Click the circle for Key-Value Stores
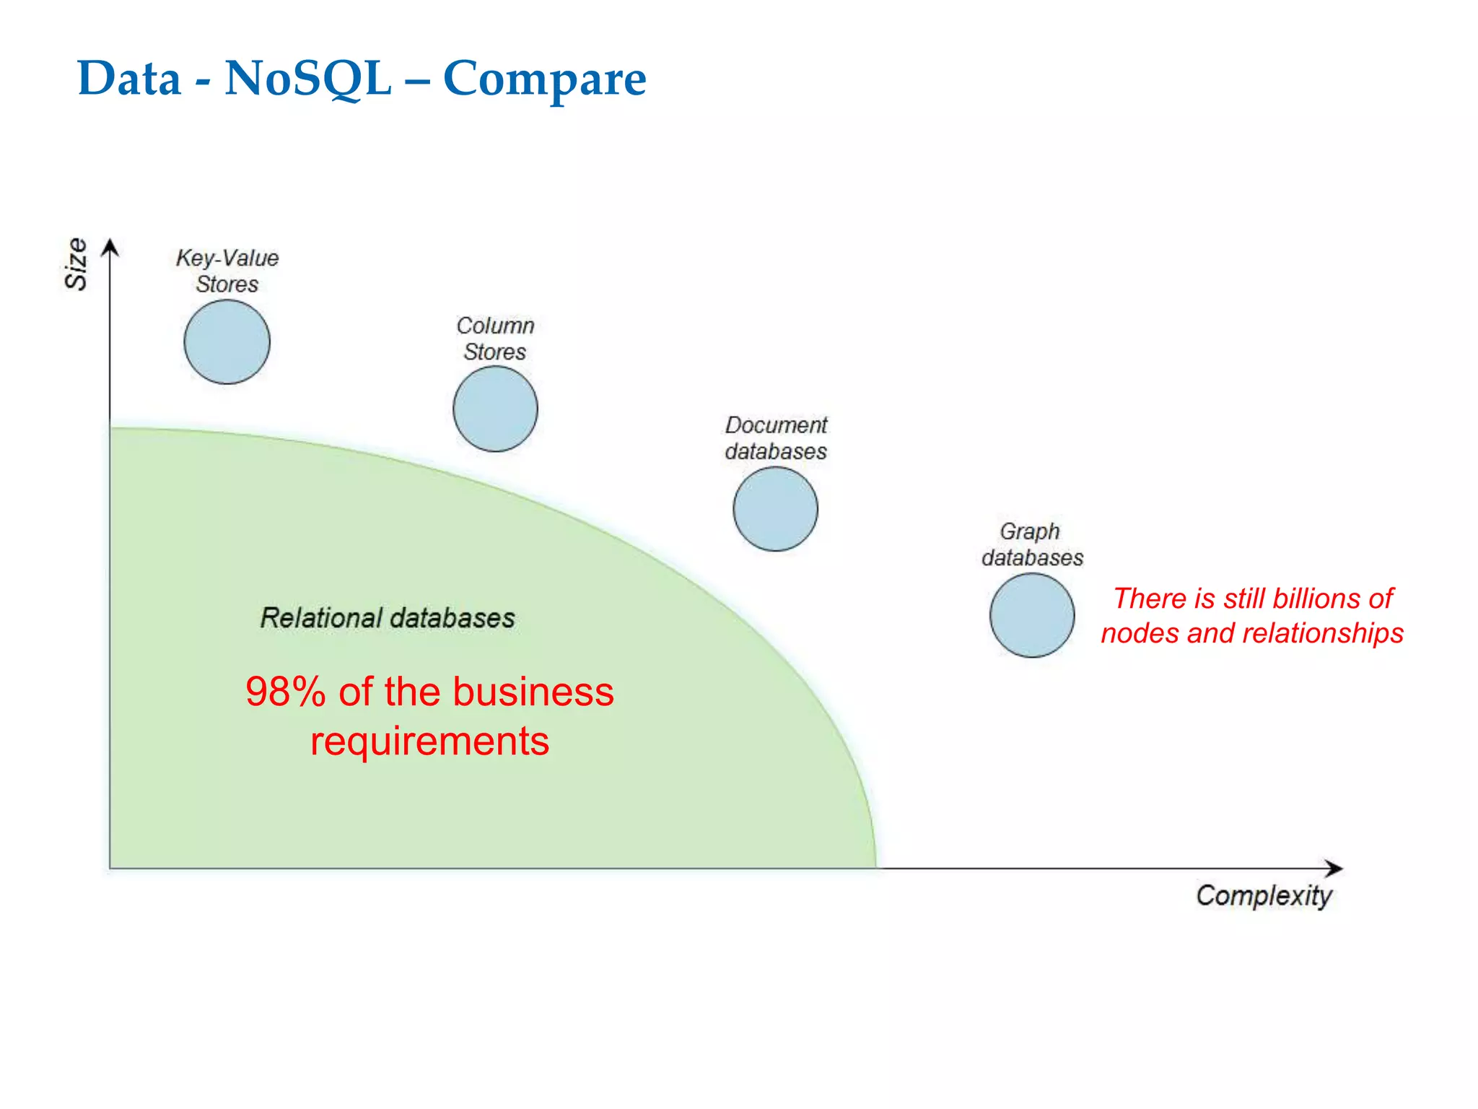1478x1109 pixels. (x=227, y=342)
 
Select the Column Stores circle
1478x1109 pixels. (x=495, y=409)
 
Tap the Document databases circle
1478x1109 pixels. (x=775, y=509)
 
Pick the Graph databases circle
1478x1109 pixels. (x=1032, y=615)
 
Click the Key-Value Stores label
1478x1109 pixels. (x=227, y=271)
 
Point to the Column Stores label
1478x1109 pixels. (x=495, y=339)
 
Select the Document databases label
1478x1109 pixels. (x=776, y=438)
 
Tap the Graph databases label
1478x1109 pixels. (x=1032, y=544)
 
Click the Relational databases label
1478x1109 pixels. (x=388, y=618)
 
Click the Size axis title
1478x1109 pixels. (x=76, y=264)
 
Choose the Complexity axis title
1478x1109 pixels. (x=1264, y=896)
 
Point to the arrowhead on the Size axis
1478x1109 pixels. (x=110, y=248)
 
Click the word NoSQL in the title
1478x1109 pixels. (x=308, y=78)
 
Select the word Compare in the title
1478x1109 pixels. (x=544, y=79)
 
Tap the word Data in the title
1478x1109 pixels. (x=129, y=78)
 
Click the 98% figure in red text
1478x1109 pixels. (x=286, y=692)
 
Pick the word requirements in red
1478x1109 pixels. (x=429, y=741)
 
